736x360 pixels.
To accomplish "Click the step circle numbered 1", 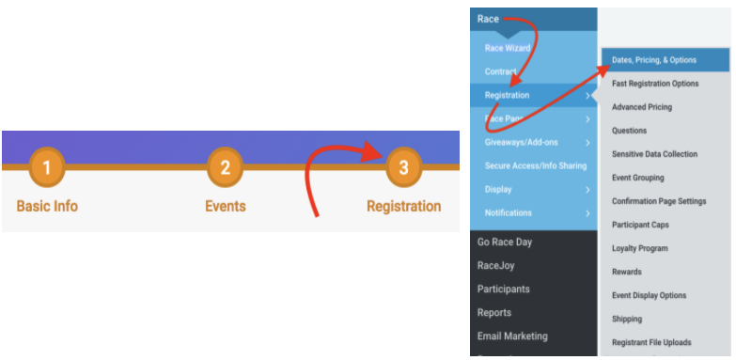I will point(47,168).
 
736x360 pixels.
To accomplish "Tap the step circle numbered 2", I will point(226,168).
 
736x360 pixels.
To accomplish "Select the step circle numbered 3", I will point(403,168).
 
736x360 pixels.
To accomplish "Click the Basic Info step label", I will point(47,206).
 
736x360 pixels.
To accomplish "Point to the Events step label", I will point(226,206).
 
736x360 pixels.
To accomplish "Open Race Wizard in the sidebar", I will point(508,48).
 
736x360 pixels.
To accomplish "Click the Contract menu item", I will point(501,71).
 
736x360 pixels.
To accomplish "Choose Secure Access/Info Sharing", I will point(535,165).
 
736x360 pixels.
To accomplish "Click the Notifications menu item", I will point(509,212).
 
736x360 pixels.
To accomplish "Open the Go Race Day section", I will point(505,242).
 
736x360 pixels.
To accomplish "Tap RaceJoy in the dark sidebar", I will point(496,265).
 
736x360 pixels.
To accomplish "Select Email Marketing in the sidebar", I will point(512,336).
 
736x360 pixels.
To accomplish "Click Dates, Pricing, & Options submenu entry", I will point(654,60).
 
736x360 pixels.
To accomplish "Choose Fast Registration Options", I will point(655,84).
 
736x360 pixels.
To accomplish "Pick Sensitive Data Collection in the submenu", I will point(654,154).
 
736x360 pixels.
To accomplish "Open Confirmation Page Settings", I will point(659,201).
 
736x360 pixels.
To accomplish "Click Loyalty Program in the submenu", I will point(640,248).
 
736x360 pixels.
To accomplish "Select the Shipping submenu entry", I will point(627,319).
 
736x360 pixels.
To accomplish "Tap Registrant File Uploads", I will point(650,342).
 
